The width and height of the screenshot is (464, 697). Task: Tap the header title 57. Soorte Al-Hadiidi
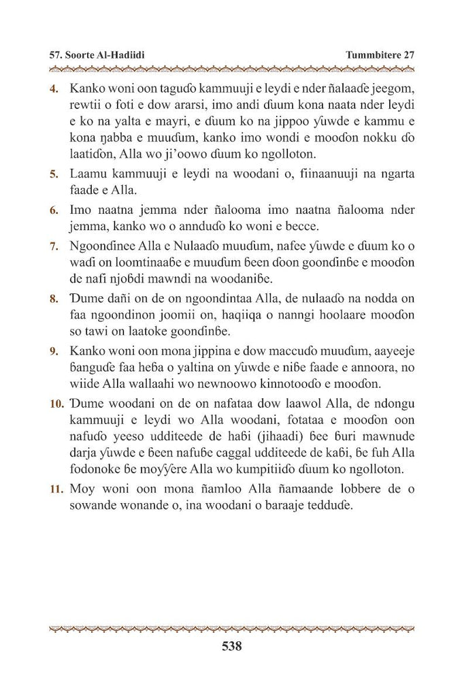click(96, 54)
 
